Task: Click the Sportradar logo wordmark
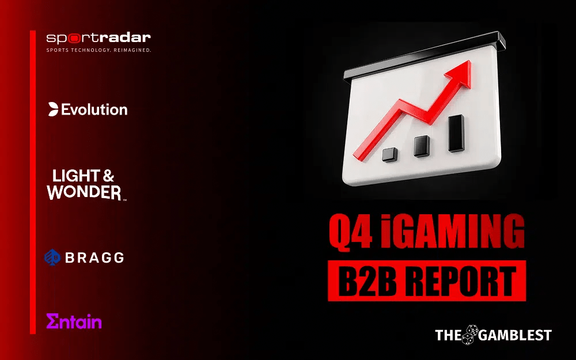[98, 39]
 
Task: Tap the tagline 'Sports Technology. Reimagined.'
[98, 50]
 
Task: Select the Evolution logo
[88, 109]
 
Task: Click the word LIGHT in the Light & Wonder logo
[75, 176]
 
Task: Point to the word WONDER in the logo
[84, 192]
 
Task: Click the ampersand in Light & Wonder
[107, 176]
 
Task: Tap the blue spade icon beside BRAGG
[52, 257]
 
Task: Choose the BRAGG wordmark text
[94, 257]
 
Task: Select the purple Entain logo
[74, 321]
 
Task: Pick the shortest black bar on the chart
[391, 154]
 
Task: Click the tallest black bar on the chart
[456, 133]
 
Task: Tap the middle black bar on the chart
[422, 146]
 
